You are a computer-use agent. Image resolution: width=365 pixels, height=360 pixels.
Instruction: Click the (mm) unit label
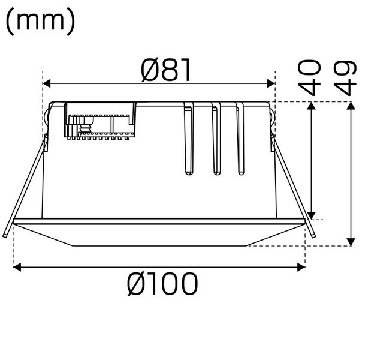click(40, 21)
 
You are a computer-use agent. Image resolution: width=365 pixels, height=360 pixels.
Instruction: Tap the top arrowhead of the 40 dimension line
click(312, 107)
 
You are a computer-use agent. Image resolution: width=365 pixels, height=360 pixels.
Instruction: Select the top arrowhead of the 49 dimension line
click(350, 107)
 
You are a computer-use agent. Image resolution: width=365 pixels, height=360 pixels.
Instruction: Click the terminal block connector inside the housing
click(101, 122)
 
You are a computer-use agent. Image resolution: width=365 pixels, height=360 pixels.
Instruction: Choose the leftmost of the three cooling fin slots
click(189, 141)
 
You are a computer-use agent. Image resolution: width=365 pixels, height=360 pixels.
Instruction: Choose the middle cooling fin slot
click(217, 141)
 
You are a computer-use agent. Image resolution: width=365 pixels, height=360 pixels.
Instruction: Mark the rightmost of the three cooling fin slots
click(242, 141)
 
